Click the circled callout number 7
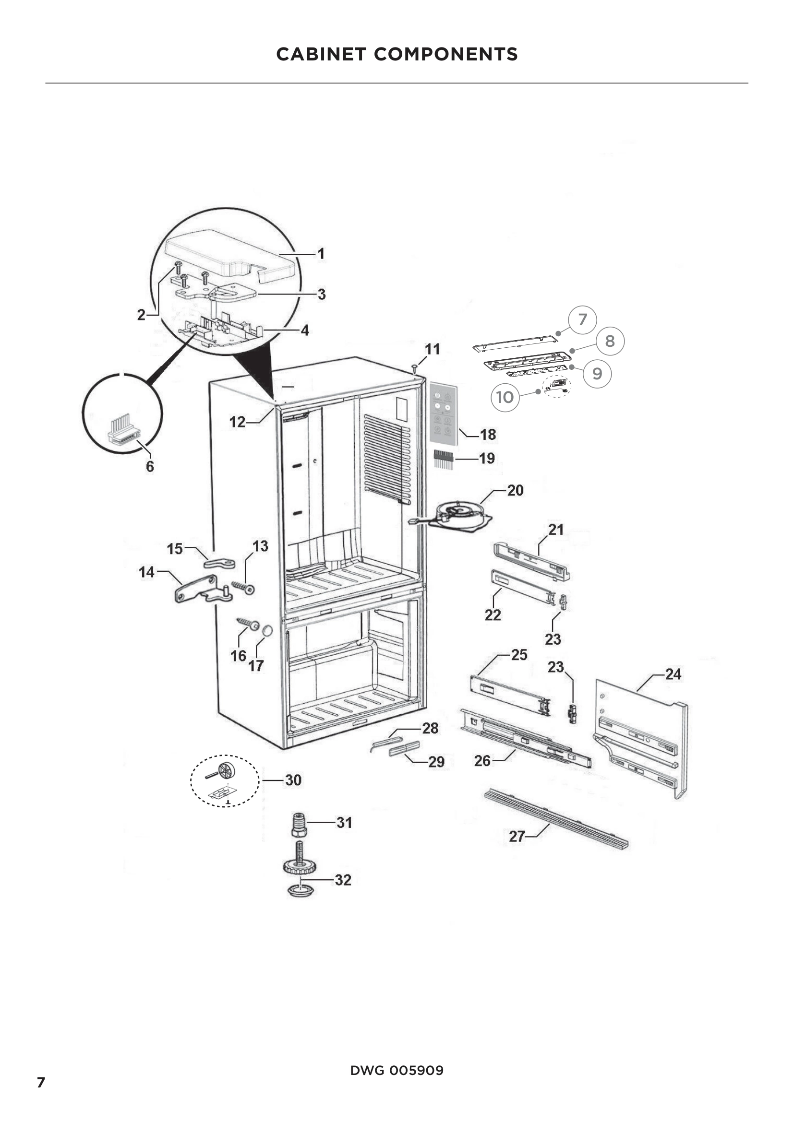coord(582,319)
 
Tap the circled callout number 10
coord(505,397)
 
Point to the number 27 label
coord(517,836)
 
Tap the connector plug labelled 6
coord(124,429)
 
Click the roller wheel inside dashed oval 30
coord(226,771)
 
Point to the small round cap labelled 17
coord(267,631)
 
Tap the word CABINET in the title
coord(321,54)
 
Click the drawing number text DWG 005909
coord(397,1071)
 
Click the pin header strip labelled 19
coord(443,460)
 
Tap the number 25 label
coord(519,655)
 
